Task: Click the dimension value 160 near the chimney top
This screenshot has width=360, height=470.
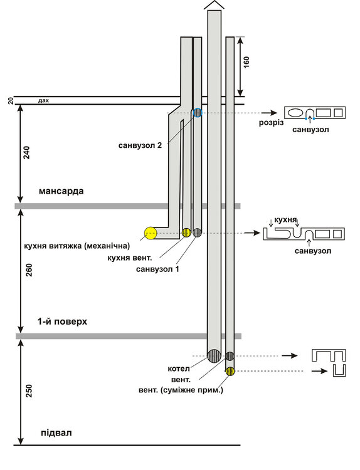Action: coord(246,62)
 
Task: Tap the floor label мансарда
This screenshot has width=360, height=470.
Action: coord(61,191)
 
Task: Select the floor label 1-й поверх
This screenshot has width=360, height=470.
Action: coord(62,321)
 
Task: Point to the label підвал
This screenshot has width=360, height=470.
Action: coord(56,433)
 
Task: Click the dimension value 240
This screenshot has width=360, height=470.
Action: coord(27,152)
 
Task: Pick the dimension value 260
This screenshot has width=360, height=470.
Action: coord(29,269)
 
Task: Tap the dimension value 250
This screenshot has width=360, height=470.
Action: coord(29,391)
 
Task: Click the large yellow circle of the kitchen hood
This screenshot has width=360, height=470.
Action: coord(151,233)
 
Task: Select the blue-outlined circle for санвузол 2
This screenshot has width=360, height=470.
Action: coord(198,112)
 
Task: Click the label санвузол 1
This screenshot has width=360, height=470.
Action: coord(157,269)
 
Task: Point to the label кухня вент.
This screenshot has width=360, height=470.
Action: coord(130,258)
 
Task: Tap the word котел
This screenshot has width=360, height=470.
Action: coord(179,368)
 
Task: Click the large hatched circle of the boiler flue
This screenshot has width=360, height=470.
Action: coord(214,356)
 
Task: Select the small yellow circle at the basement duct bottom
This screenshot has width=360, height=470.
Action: coord(230,371)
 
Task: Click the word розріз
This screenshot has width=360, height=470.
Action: coord(271,123)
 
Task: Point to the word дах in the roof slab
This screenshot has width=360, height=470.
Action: coord(43,101)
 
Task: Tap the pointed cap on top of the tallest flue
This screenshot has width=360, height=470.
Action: coord(214,4)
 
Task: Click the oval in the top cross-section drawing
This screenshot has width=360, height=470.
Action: coord(295,113)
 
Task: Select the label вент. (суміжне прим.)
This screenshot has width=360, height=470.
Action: coord(181,390)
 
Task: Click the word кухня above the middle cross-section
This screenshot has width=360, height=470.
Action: coord(285,220)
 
